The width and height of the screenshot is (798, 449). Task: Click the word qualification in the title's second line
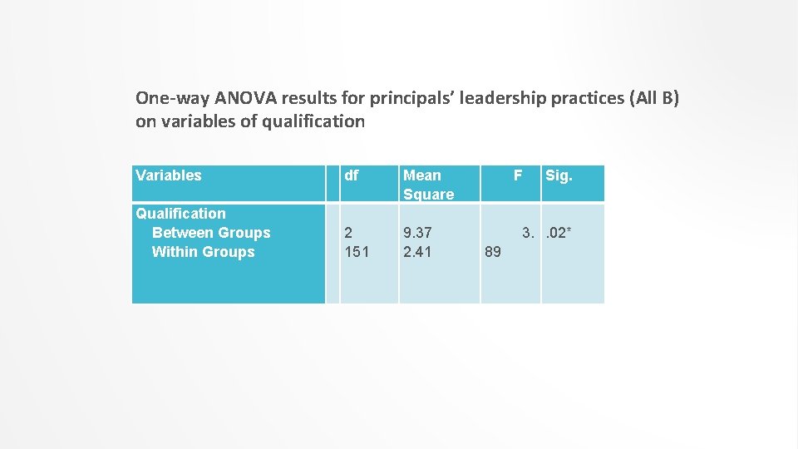point(313,121)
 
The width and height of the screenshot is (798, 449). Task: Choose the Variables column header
point(169,175)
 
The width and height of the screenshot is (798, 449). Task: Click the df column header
point(352,175)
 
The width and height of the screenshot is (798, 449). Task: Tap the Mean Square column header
point(428,185)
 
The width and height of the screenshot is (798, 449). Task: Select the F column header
point(518,175)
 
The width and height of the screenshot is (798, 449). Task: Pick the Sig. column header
point(559,175)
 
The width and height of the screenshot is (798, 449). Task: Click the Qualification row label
point(180,214)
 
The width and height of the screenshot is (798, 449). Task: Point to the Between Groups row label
point(211,233)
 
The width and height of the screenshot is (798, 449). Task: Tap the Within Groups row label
point(203,252)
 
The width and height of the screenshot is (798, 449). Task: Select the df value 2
point(349,233)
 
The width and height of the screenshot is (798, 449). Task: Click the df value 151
point(357,252)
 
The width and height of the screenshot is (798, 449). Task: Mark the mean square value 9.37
point(417,233)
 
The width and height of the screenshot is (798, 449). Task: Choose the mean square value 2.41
point(417,252)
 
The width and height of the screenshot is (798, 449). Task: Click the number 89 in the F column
point(492,252)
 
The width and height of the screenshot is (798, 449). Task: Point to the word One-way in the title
point(167,98)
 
